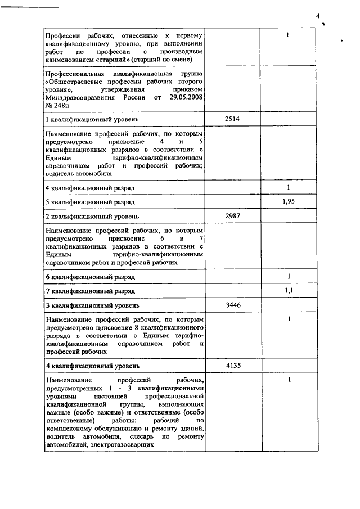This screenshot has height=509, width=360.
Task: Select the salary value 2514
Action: tap(232, 119)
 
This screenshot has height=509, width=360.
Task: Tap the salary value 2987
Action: tap(232, 216)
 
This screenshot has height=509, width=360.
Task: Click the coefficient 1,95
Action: tap(288, 201)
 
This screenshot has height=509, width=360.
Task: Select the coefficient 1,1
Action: tap(288, 290)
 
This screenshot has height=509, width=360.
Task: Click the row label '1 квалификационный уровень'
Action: tap(92, 120)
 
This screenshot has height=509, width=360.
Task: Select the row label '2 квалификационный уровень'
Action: tap(92, 217)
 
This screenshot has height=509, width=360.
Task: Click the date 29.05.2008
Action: tap(183, 97)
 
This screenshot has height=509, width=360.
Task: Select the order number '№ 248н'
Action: tap(57, 105)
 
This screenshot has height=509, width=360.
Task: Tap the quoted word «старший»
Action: tap(112, 59)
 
